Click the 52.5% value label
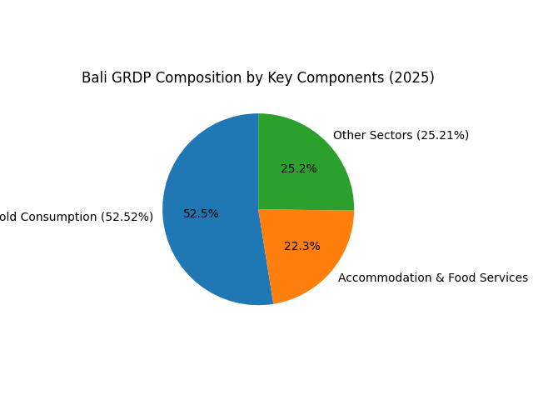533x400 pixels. point(201,214)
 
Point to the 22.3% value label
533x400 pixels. point(301,247)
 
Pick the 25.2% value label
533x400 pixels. point(298,169)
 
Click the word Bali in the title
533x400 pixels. point(94,77)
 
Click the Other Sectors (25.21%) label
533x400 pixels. point(401,135)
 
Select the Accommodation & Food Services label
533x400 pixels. point(432,277)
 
